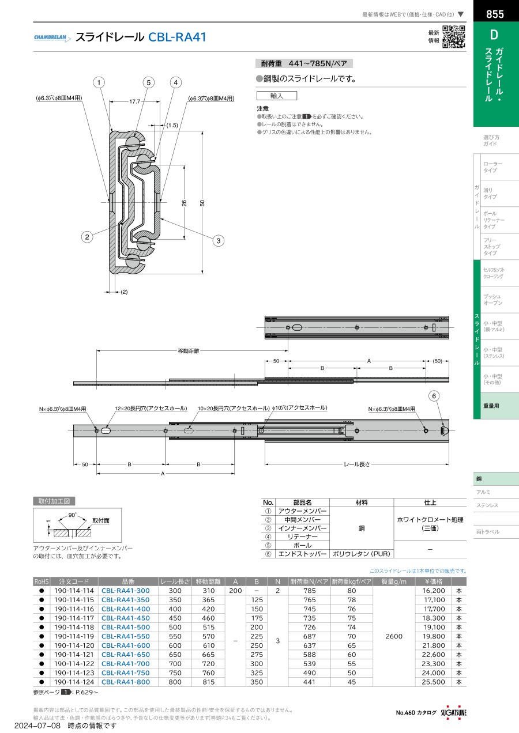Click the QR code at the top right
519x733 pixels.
454,37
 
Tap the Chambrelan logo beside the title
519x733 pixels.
52,37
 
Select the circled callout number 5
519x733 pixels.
148,82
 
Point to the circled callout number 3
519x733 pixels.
219,241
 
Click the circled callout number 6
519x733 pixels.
434,396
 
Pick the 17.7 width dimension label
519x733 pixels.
134,102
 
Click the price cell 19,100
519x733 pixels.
433,628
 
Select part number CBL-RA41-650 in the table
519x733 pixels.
126,655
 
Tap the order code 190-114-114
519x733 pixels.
74,591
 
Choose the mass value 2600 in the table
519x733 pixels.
394,636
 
